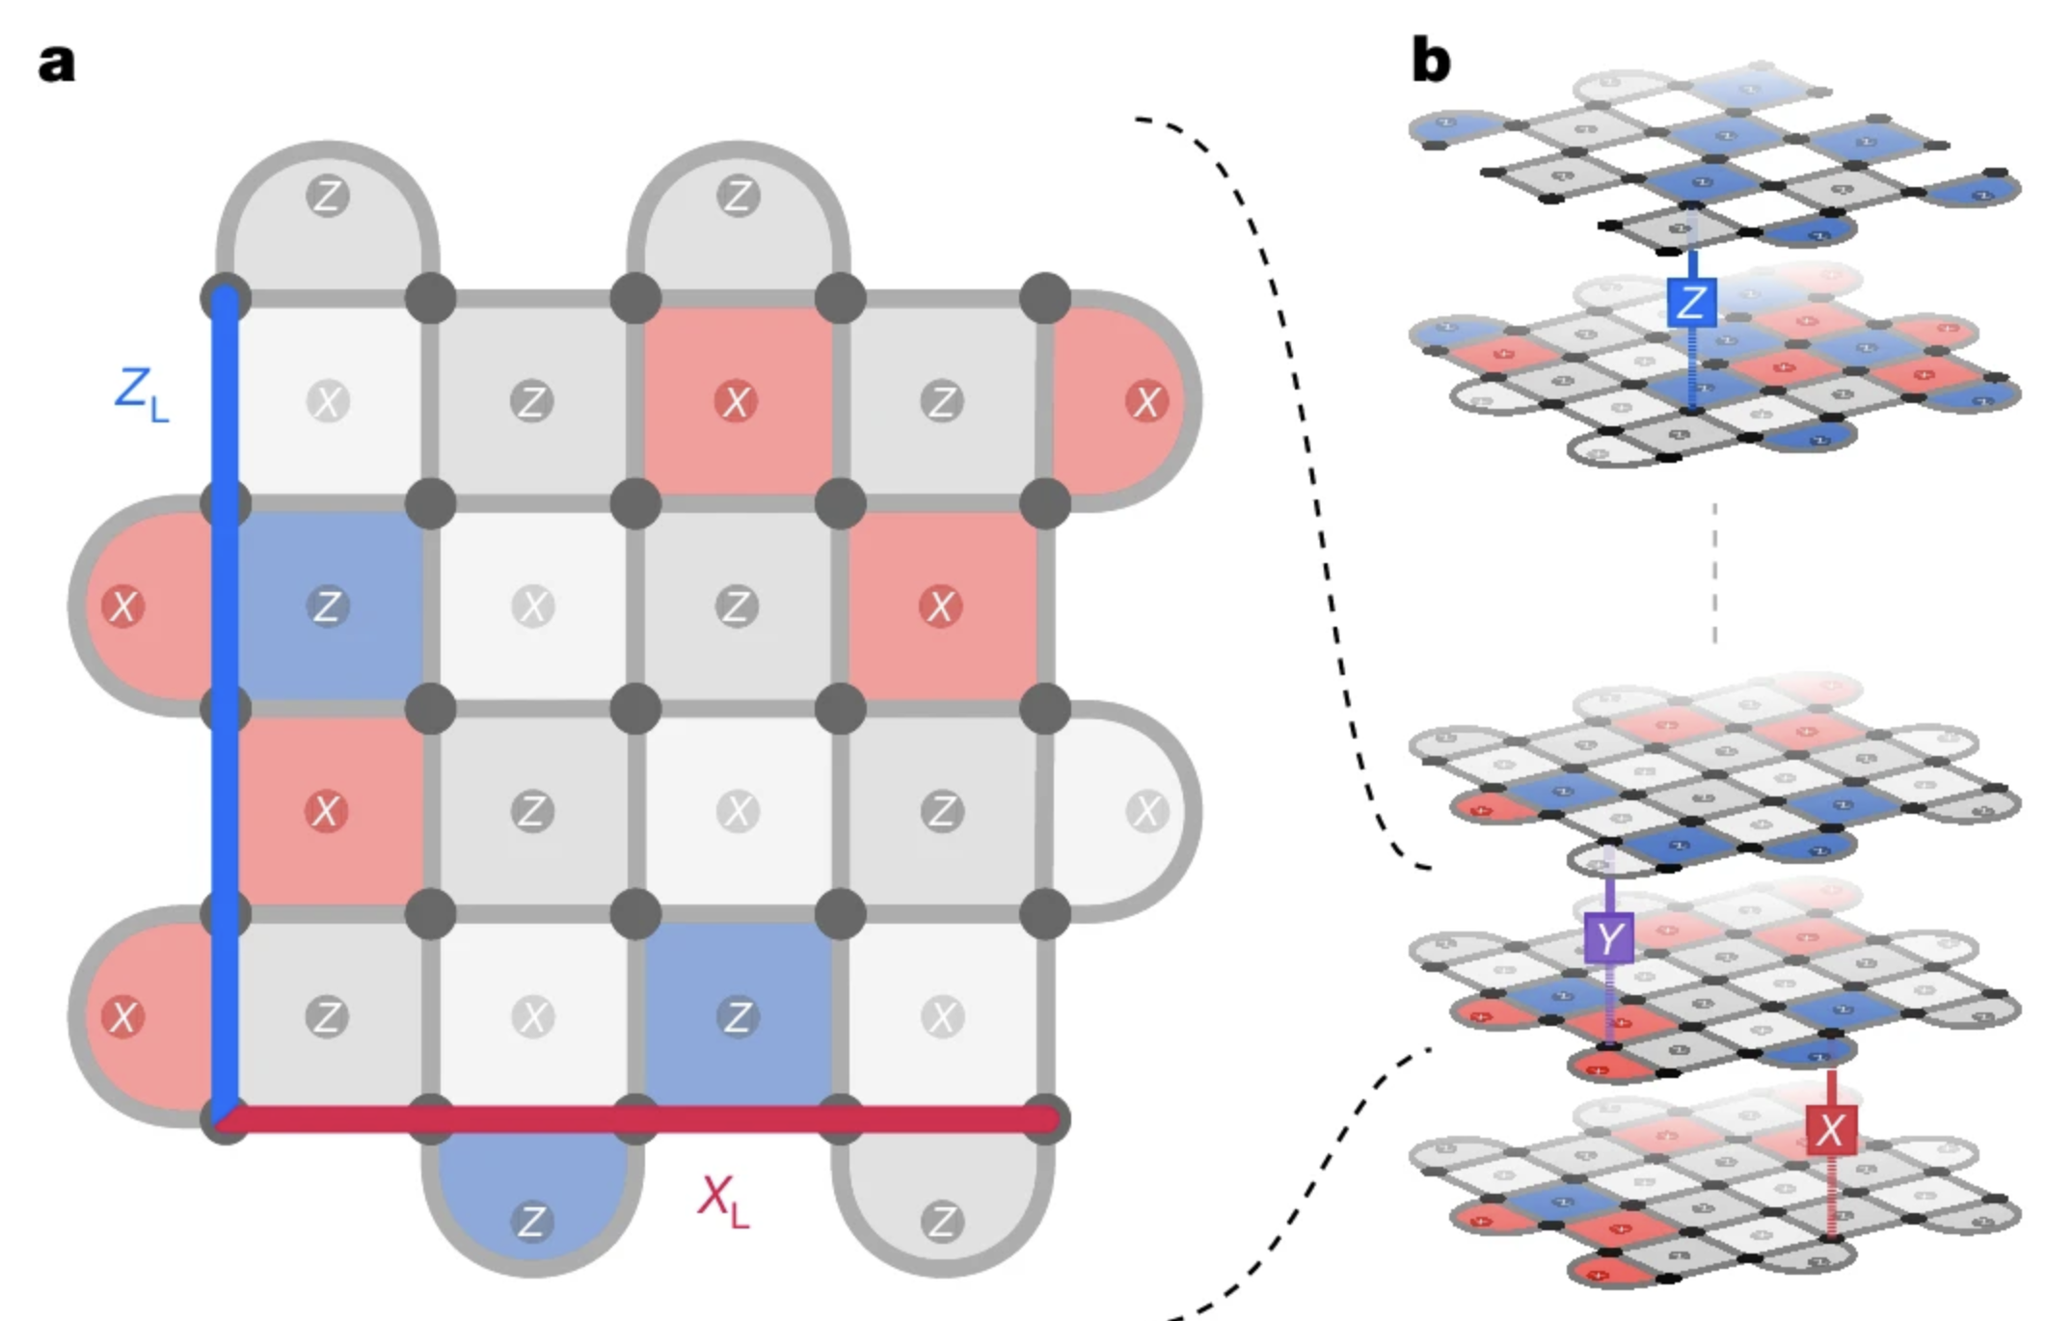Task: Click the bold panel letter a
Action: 56,64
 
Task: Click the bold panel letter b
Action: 1430,60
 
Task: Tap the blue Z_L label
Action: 141,393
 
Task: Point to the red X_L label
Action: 723,1201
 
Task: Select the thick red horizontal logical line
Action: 636,1119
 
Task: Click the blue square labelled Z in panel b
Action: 1691,303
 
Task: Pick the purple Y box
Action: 1609,937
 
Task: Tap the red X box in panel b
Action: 1830,1129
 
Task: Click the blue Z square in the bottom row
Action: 738,1015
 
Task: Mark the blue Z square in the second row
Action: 328,607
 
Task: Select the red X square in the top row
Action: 738,401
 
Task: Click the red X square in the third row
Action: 328,811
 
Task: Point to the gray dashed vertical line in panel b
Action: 1713,573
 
